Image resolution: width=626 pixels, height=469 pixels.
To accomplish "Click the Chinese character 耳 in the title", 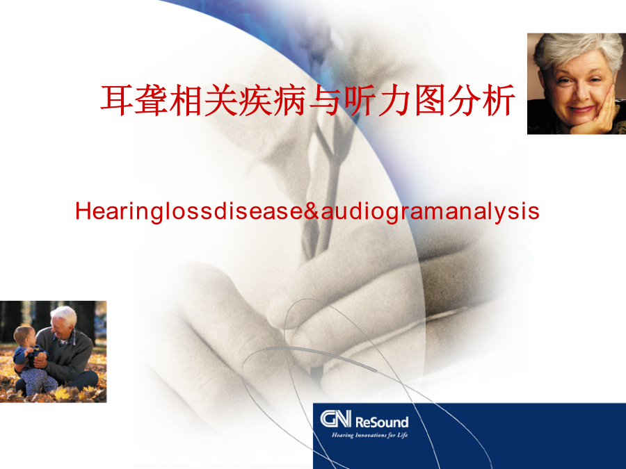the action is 116,100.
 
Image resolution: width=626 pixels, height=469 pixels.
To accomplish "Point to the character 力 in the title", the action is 394,100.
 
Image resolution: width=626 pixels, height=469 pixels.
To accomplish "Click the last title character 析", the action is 499,100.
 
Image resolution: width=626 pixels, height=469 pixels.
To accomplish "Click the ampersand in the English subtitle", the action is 312,211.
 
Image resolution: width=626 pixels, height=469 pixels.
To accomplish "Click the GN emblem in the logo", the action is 335,419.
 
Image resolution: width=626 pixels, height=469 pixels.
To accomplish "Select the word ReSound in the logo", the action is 382,422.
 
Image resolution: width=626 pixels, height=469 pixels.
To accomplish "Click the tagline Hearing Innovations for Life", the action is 370,435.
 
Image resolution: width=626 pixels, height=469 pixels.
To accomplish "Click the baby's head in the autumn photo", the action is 25,336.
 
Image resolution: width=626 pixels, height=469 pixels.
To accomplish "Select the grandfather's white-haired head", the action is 63,320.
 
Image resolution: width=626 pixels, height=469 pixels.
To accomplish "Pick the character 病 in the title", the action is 290,100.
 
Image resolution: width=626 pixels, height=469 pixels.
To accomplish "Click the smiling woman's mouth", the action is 581,109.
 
